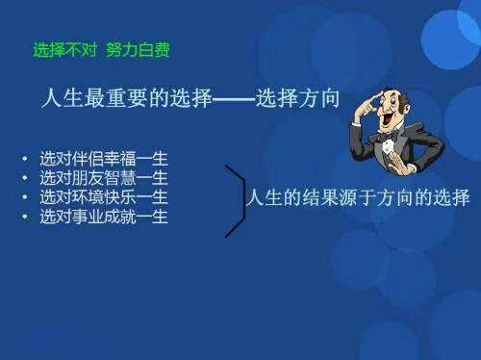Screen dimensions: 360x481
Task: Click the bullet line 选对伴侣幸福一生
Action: (x=104, y=157)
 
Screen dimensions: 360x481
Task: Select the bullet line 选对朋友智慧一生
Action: (x=104, y=177)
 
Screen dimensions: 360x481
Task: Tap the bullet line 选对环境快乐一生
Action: (x=104, y=197)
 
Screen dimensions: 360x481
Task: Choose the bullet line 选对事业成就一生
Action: (x=104, y=218)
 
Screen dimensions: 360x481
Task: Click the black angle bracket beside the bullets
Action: (x=235, y=200)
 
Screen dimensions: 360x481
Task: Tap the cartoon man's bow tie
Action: (x=389, y=138)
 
